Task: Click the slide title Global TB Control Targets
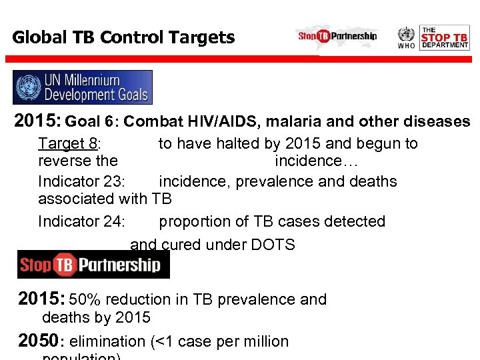pyautogui.click(x=123, y=37)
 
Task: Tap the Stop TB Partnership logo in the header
pyautogui.click(x=337, y=36)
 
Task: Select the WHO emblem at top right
pyautogui.click(x=406, y=37)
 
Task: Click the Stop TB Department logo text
pyautogui.click(x=445, y=37)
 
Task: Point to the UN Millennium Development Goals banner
pyautogui.click(x=83, y=87)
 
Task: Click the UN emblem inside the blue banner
pyautogui.click(x=29, y=87)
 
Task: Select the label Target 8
pyautogui.click(x=69, y=143)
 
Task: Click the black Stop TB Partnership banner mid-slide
pyautogui.click(x=93, y=265)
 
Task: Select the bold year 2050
pyautogui.click(x=37, y=341)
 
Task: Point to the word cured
pyautogui.click(x=178, y=245)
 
